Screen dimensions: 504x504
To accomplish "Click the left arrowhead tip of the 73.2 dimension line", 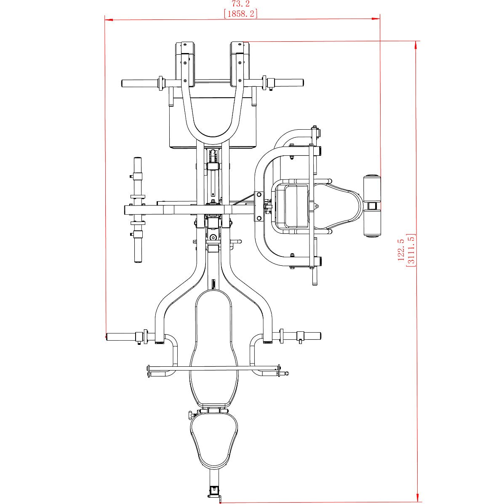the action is click(105, 20).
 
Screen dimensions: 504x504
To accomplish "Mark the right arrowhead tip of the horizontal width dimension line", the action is click(380, 19).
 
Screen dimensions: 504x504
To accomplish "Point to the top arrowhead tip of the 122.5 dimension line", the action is click(416, 41).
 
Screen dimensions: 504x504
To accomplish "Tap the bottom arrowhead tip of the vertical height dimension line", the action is click(417, 502).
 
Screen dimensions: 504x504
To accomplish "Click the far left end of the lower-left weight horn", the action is click(107, 337).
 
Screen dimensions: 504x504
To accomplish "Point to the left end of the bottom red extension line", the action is click(221, 502).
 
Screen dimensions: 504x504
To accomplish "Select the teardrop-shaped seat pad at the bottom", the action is click(214, 440).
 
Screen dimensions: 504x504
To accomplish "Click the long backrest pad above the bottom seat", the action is click(214, 347).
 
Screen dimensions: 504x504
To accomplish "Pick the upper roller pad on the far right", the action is click(372, 189).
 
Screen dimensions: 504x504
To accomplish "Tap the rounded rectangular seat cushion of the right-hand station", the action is click(291, 205).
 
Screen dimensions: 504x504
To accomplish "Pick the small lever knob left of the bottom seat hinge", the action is click(191, 415).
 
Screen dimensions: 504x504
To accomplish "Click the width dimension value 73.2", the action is click(240, 4).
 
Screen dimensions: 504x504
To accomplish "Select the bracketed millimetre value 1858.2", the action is click(240, 14).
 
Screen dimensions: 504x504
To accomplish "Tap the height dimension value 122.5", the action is click(401, 250).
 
